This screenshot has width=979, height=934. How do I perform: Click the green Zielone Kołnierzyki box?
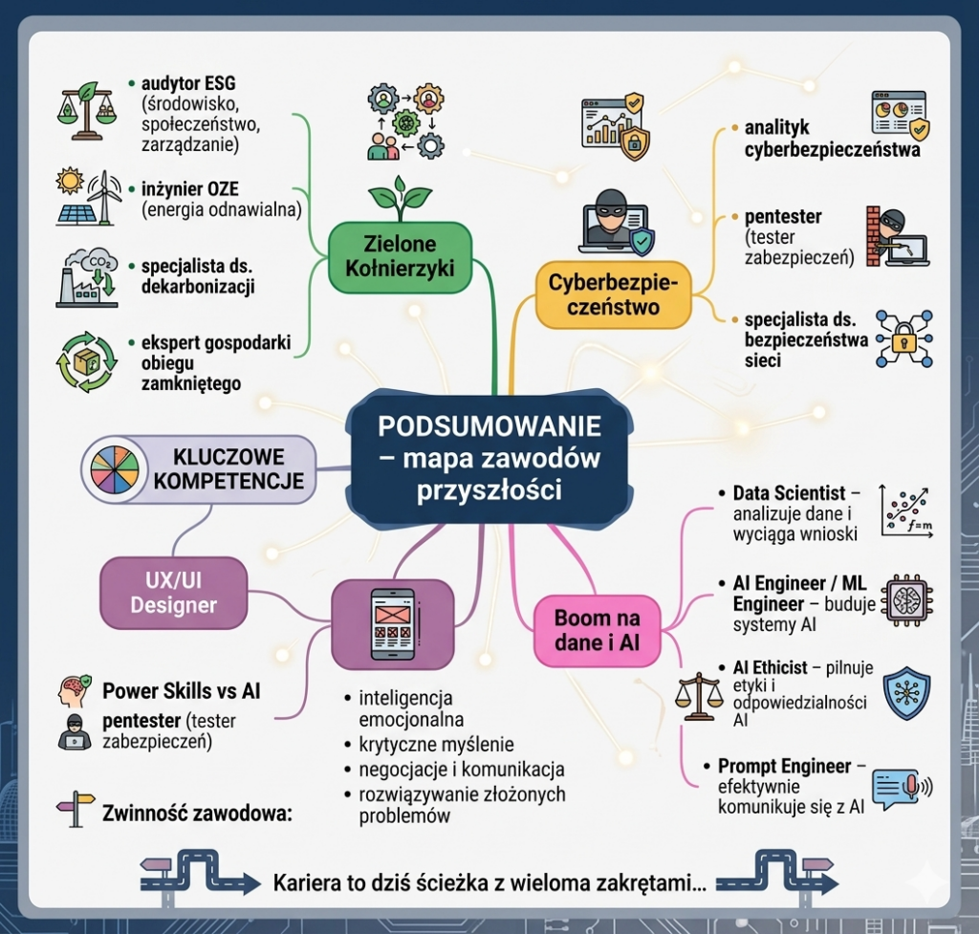[x=401, y=256]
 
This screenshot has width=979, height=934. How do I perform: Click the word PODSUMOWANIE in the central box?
[x=489, y=424]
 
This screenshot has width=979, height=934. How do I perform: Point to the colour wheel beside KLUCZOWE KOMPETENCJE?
[x=115, y=468]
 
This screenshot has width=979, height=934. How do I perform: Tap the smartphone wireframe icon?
[x=393, y=626]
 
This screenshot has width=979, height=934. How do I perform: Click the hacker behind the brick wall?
[x=895, y=235]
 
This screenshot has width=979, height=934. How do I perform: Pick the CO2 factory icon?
[x=86, y=277]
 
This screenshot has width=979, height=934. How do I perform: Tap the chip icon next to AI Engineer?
[x=906, y=599]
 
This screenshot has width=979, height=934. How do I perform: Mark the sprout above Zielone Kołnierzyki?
[x=401, y=196]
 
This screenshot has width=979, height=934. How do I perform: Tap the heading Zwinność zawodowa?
[x=196, y=815]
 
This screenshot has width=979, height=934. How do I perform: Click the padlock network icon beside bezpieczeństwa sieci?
[x=903, y=339]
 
